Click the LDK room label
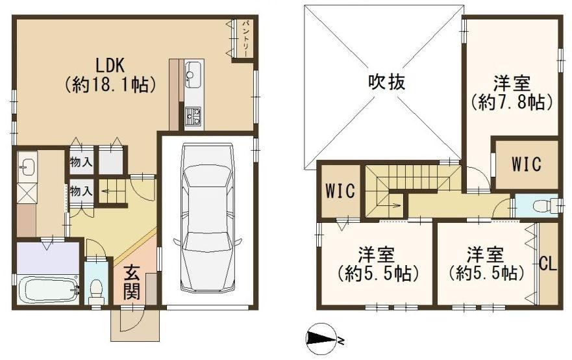tap(110, 66)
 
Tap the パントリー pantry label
tap(245, 38)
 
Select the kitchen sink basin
tap(193, 75)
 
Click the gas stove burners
tap(193, 116)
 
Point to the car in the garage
tap(207, 217)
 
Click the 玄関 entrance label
tap(131, 283)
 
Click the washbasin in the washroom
tap(27, 167)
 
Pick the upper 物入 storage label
tap(81, 162)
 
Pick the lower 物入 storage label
tap(81, 190)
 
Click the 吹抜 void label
tap(386, 82)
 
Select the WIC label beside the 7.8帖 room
tap(526, 164)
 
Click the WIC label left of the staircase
tap(340, 190)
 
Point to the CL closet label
tap(548, 264)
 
